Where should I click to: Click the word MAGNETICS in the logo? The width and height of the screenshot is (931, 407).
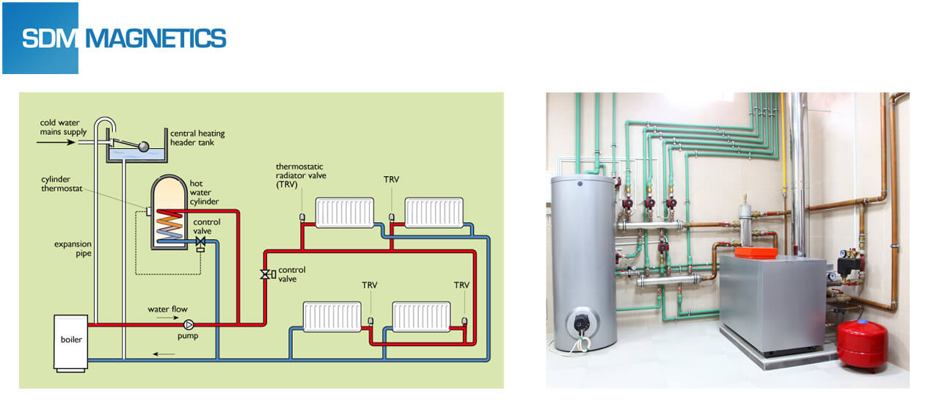pyautogui.click(x=156, y=38)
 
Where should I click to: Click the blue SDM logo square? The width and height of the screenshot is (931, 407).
pyautogui.click(x=40, y=38)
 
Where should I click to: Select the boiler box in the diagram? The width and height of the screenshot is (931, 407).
pyautogui.click(x=71, y=342)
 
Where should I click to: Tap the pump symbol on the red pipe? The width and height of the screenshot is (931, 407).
pyautogui.click(x=189, y=324)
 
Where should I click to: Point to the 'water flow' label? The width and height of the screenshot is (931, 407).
pyautogui.click(x=167, y=309)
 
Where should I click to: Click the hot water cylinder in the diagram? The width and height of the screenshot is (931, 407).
pyautogui.click(x=169, y=213)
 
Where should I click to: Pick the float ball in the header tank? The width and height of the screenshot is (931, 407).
pyautogui.click(x=144, y=147)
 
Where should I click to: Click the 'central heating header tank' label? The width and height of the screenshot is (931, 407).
pyautogui.click(x=197, y=138)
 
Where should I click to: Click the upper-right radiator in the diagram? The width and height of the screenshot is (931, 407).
pyautogui.click(x=434, y=213)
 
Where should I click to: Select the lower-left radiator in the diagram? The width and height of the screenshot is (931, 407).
pyautogui.click(x=332, y=317)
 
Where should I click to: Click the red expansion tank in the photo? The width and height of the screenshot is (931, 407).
pyautogui.click(x=862, y=343)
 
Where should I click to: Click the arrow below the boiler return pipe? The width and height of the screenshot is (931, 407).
pyautogui.click(x=164, y=354)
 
